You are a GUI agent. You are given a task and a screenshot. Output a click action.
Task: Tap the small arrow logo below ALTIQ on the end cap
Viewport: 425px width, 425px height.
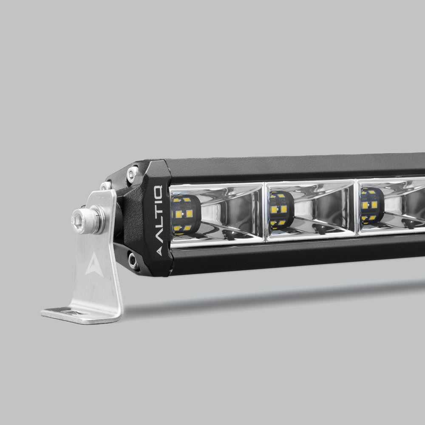coord(159,251)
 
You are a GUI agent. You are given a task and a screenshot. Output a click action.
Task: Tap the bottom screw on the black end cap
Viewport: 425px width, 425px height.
coord(133,260)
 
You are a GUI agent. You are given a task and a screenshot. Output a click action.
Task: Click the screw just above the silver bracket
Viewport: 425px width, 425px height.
coord(105,186)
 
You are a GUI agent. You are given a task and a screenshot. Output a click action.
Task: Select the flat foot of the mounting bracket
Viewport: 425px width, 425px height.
coord(81,314)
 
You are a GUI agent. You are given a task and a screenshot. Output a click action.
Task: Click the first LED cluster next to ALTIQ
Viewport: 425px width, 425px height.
coord(185,214)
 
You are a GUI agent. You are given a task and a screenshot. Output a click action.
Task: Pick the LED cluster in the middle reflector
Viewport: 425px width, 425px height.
coord(281,210)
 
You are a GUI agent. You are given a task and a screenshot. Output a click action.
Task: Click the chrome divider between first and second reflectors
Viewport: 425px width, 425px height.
coord(264,212)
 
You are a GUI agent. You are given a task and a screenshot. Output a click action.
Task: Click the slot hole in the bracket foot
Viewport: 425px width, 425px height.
coord(70,312)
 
